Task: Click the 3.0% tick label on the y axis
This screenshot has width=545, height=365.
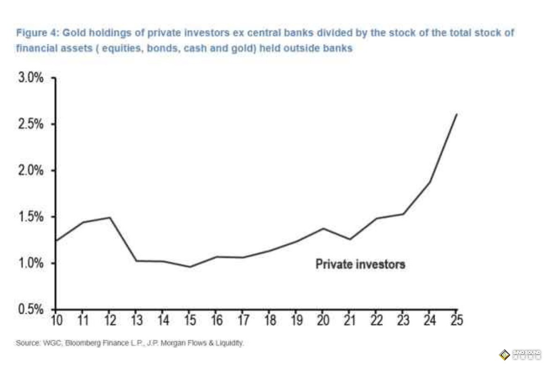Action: tap(31, 78)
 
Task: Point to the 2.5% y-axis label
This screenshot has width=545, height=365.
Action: tap(31, 125)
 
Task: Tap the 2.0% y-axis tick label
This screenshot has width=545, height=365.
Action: tap(31, 171)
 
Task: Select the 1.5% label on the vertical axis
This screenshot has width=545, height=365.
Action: tap(31, 217)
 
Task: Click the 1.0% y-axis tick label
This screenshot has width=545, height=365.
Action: tap(31, 263)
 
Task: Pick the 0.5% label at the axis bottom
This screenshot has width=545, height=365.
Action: tap(31, 310)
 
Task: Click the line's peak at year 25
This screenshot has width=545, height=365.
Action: tap(456, 114)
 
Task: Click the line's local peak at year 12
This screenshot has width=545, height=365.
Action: tap(109, 217)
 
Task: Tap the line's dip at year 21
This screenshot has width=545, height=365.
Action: tap(349, 239)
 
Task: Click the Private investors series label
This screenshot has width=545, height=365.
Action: tap(360, 264)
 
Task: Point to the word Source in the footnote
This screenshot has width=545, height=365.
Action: tap(26, 343)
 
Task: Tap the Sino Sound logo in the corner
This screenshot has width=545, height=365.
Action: tap(520, 354)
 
